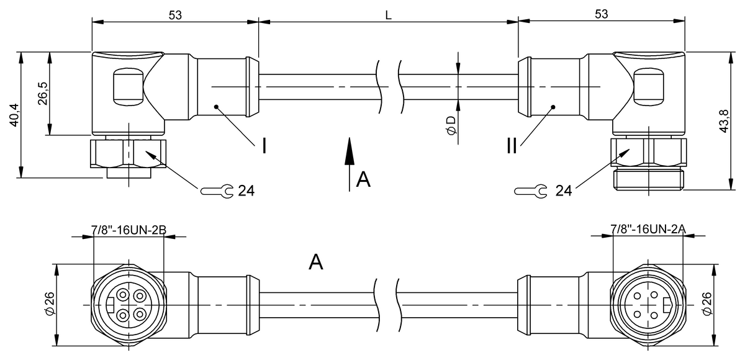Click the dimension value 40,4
[x=15, y=115]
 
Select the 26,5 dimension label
[x=43, y=93]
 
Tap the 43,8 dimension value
[x=724, y=121]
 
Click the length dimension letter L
[x=388, y=16]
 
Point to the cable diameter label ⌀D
[x=451, y=126]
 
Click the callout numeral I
[x=264, y=146]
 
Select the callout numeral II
[x=512, y=146]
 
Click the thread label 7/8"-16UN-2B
[x=129, y=230]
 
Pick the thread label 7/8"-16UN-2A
[x=648, y=228]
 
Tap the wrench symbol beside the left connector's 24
[x=217, y=191]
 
